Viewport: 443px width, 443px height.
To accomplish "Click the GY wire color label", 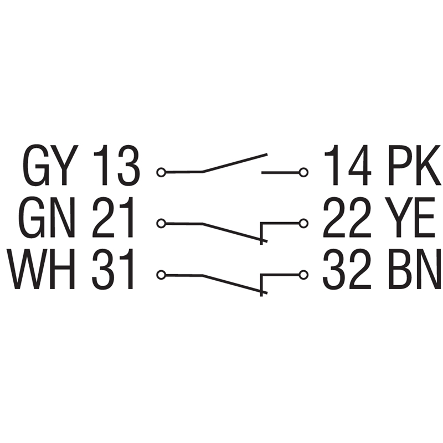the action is point(49,165).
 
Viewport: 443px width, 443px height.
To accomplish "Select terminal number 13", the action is point(116,165).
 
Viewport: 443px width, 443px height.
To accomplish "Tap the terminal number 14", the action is point(348,165).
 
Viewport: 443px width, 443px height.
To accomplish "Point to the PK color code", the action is point(414,165).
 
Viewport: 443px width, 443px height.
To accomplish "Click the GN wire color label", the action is point(48,217).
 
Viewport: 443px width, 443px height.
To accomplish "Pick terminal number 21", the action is point(113,217).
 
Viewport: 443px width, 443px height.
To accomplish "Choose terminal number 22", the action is point(347,217).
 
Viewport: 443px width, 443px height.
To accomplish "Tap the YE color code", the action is point(410,217).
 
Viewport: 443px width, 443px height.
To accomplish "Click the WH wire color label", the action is point(40,269).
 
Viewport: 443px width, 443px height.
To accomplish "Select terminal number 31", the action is point(112,269).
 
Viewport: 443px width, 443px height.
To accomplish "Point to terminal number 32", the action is point(347,269).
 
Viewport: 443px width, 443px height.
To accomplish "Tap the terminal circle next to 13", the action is point(161,172).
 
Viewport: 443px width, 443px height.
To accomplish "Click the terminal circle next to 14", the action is point(303,172).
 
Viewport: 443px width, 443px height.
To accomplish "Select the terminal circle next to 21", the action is point(161,224).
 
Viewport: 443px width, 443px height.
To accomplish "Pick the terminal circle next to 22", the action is point(303,224).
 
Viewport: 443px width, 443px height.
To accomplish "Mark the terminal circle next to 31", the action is point(161,275).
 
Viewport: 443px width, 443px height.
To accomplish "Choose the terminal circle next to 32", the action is point(303,275).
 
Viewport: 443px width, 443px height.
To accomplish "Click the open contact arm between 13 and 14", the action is point(235,163).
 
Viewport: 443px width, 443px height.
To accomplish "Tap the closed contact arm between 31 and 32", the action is point(235,284).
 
